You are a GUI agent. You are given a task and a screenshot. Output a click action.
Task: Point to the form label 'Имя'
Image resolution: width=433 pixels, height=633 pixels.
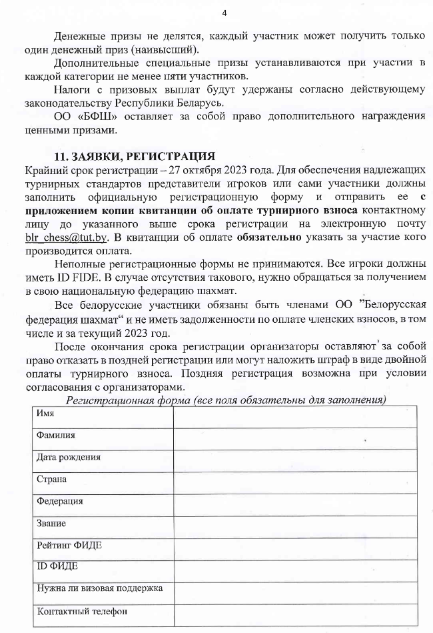[45, 414]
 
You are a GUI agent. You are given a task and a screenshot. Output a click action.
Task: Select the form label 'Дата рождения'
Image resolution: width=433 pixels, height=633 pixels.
[69, 458]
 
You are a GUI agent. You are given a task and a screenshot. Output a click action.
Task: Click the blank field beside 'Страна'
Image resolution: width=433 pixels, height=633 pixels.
[294, 480]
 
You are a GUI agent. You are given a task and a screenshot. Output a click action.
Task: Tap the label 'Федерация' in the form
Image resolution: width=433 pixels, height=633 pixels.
[60, 502]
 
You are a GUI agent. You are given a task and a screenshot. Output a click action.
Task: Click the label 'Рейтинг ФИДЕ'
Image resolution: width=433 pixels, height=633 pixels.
[69, 545]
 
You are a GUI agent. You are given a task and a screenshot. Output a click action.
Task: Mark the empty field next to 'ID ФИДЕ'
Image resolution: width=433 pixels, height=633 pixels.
[294, 568]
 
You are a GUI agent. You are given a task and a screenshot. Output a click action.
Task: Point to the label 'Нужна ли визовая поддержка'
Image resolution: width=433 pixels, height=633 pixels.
[100, 588]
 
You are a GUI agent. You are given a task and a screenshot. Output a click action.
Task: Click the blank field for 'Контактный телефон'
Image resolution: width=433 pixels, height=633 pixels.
[294, 612]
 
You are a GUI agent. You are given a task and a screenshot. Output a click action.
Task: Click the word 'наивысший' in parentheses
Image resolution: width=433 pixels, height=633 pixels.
[172, 50]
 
